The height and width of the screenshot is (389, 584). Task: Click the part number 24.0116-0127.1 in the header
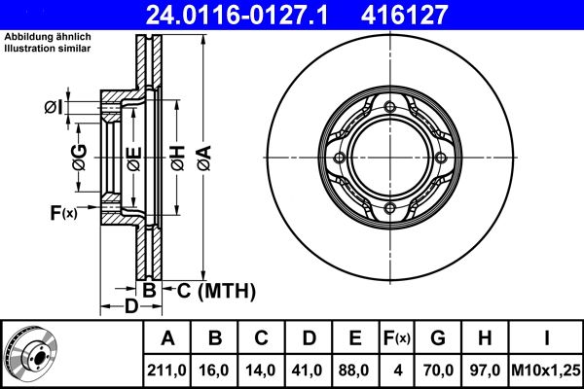237,15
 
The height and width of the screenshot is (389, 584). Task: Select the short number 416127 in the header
404,15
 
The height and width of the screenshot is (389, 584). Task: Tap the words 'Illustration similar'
48,49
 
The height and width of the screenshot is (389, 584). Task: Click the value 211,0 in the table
166,371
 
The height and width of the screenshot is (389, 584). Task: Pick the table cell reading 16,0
214,371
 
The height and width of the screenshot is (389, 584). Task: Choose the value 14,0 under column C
261,371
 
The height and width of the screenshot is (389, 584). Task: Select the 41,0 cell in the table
308,371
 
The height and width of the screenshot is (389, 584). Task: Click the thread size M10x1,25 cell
546,371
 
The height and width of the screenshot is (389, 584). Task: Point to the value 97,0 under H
485,371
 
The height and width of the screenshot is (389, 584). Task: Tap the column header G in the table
438,338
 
